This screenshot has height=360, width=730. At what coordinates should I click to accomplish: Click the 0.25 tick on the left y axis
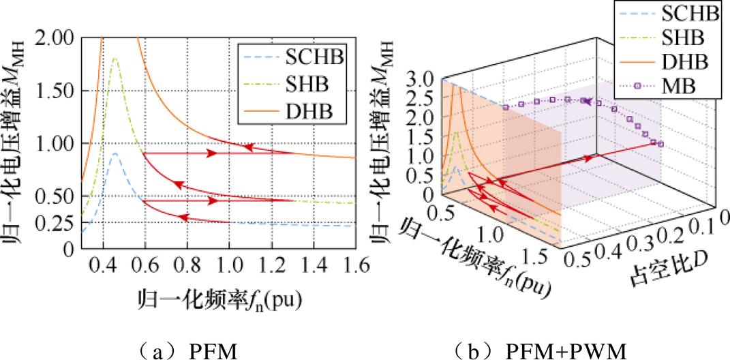59,222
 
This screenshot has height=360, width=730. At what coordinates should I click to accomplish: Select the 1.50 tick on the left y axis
59,90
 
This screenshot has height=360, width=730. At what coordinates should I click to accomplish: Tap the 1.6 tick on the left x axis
354,263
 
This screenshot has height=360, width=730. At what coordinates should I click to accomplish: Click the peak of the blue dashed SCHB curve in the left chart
115,154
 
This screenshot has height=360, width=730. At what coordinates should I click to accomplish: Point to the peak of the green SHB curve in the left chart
115,59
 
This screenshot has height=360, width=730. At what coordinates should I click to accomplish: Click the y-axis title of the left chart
17,143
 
